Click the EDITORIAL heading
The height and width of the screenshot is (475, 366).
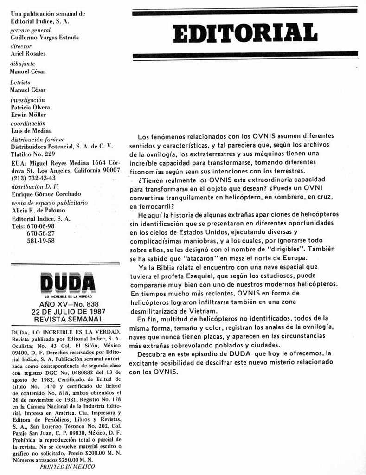(x=245, y=32)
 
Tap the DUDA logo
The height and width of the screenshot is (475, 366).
(x=67, y=282)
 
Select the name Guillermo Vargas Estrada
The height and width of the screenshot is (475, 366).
(x=45, y=38)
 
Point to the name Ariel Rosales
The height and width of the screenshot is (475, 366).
(x=28, y=54)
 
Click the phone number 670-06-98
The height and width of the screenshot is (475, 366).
(x=41, y=226)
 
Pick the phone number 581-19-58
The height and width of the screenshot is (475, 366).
(x=41, y=241)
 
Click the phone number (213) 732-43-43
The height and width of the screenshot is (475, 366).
(x=33, y=178)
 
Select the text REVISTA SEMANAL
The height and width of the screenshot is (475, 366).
(x=68, y=319)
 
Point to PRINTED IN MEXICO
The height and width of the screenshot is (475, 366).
(x=67, y=466)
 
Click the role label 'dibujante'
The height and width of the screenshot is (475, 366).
(x=23, y=64)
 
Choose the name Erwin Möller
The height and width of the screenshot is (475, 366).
(x=28, y=115)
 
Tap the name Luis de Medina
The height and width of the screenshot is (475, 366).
(x=31, y=131)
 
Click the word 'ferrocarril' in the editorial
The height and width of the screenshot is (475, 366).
(x=150, y=205)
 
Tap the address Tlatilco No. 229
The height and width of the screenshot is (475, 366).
(x=33, y=154)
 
